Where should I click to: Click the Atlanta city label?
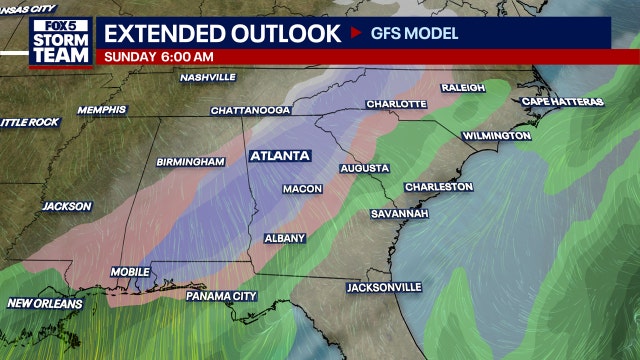click(281, 156)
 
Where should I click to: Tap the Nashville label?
click(207, 77)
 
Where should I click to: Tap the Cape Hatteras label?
click(561, 101)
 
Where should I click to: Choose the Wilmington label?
click(496, 135)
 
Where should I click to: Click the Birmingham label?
click(190, 161)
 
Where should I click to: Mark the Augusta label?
click(364, 168)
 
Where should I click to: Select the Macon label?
click(303, 189)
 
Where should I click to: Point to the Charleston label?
click(438, 187)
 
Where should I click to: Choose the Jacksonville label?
click(384, 287)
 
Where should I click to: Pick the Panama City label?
click(223, 296)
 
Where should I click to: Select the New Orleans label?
click(47, 303)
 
